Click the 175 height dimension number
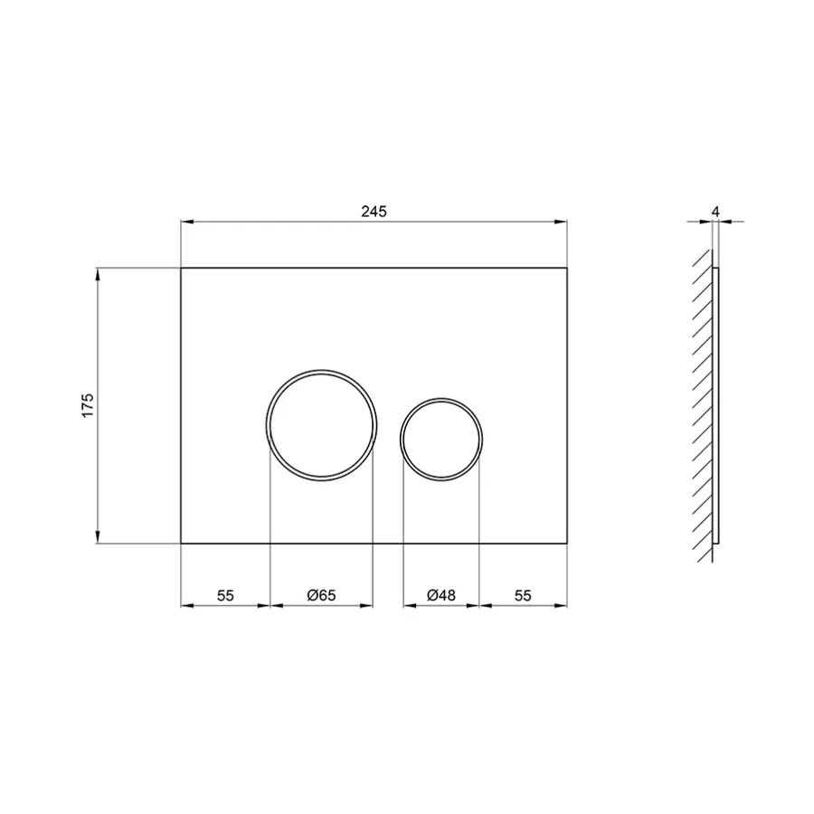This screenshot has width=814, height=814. click(x=87, y=405)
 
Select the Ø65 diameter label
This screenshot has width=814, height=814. click(x=321, y=595)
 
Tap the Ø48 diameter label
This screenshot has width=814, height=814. click(x=440, y=595)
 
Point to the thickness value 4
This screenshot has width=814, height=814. click(x=715, y=211)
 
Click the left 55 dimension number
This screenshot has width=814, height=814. click(x=225, y=595)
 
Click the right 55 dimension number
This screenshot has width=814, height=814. click(x=523, y=595)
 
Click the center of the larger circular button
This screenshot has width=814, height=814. click(x=321, y=424)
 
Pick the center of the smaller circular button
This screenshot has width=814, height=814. click(x=440, y=437)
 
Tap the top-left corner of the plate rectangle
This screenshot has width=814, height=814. click(x=181, y=268)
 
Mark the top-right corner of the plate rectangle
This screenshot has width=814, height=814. click(x=567, y=268)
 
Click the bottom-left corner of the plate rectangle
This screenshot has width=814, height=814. click(x=181, y=544)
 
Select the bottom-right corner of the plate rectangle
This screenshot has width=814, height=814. click(x=567, y=544)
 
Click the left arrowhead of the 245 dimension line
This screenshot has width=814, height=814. click(x=185, y=221)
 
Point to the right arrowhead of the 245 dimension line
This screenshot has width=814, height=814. click(x=563, y=221)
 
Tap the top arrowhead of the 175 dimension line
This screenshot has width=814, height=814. click(x=98, y=272)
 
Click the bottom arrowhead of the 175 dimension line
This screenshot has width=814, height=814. click(x=98, y=539)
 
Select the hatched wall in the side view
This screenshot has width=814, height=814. click(x=702, y=407)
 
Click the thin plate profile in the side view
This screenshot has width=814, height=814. click(x=716, y=407)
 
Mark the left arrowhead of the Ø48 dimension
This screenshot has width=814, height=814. click(x=407, y=605)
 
